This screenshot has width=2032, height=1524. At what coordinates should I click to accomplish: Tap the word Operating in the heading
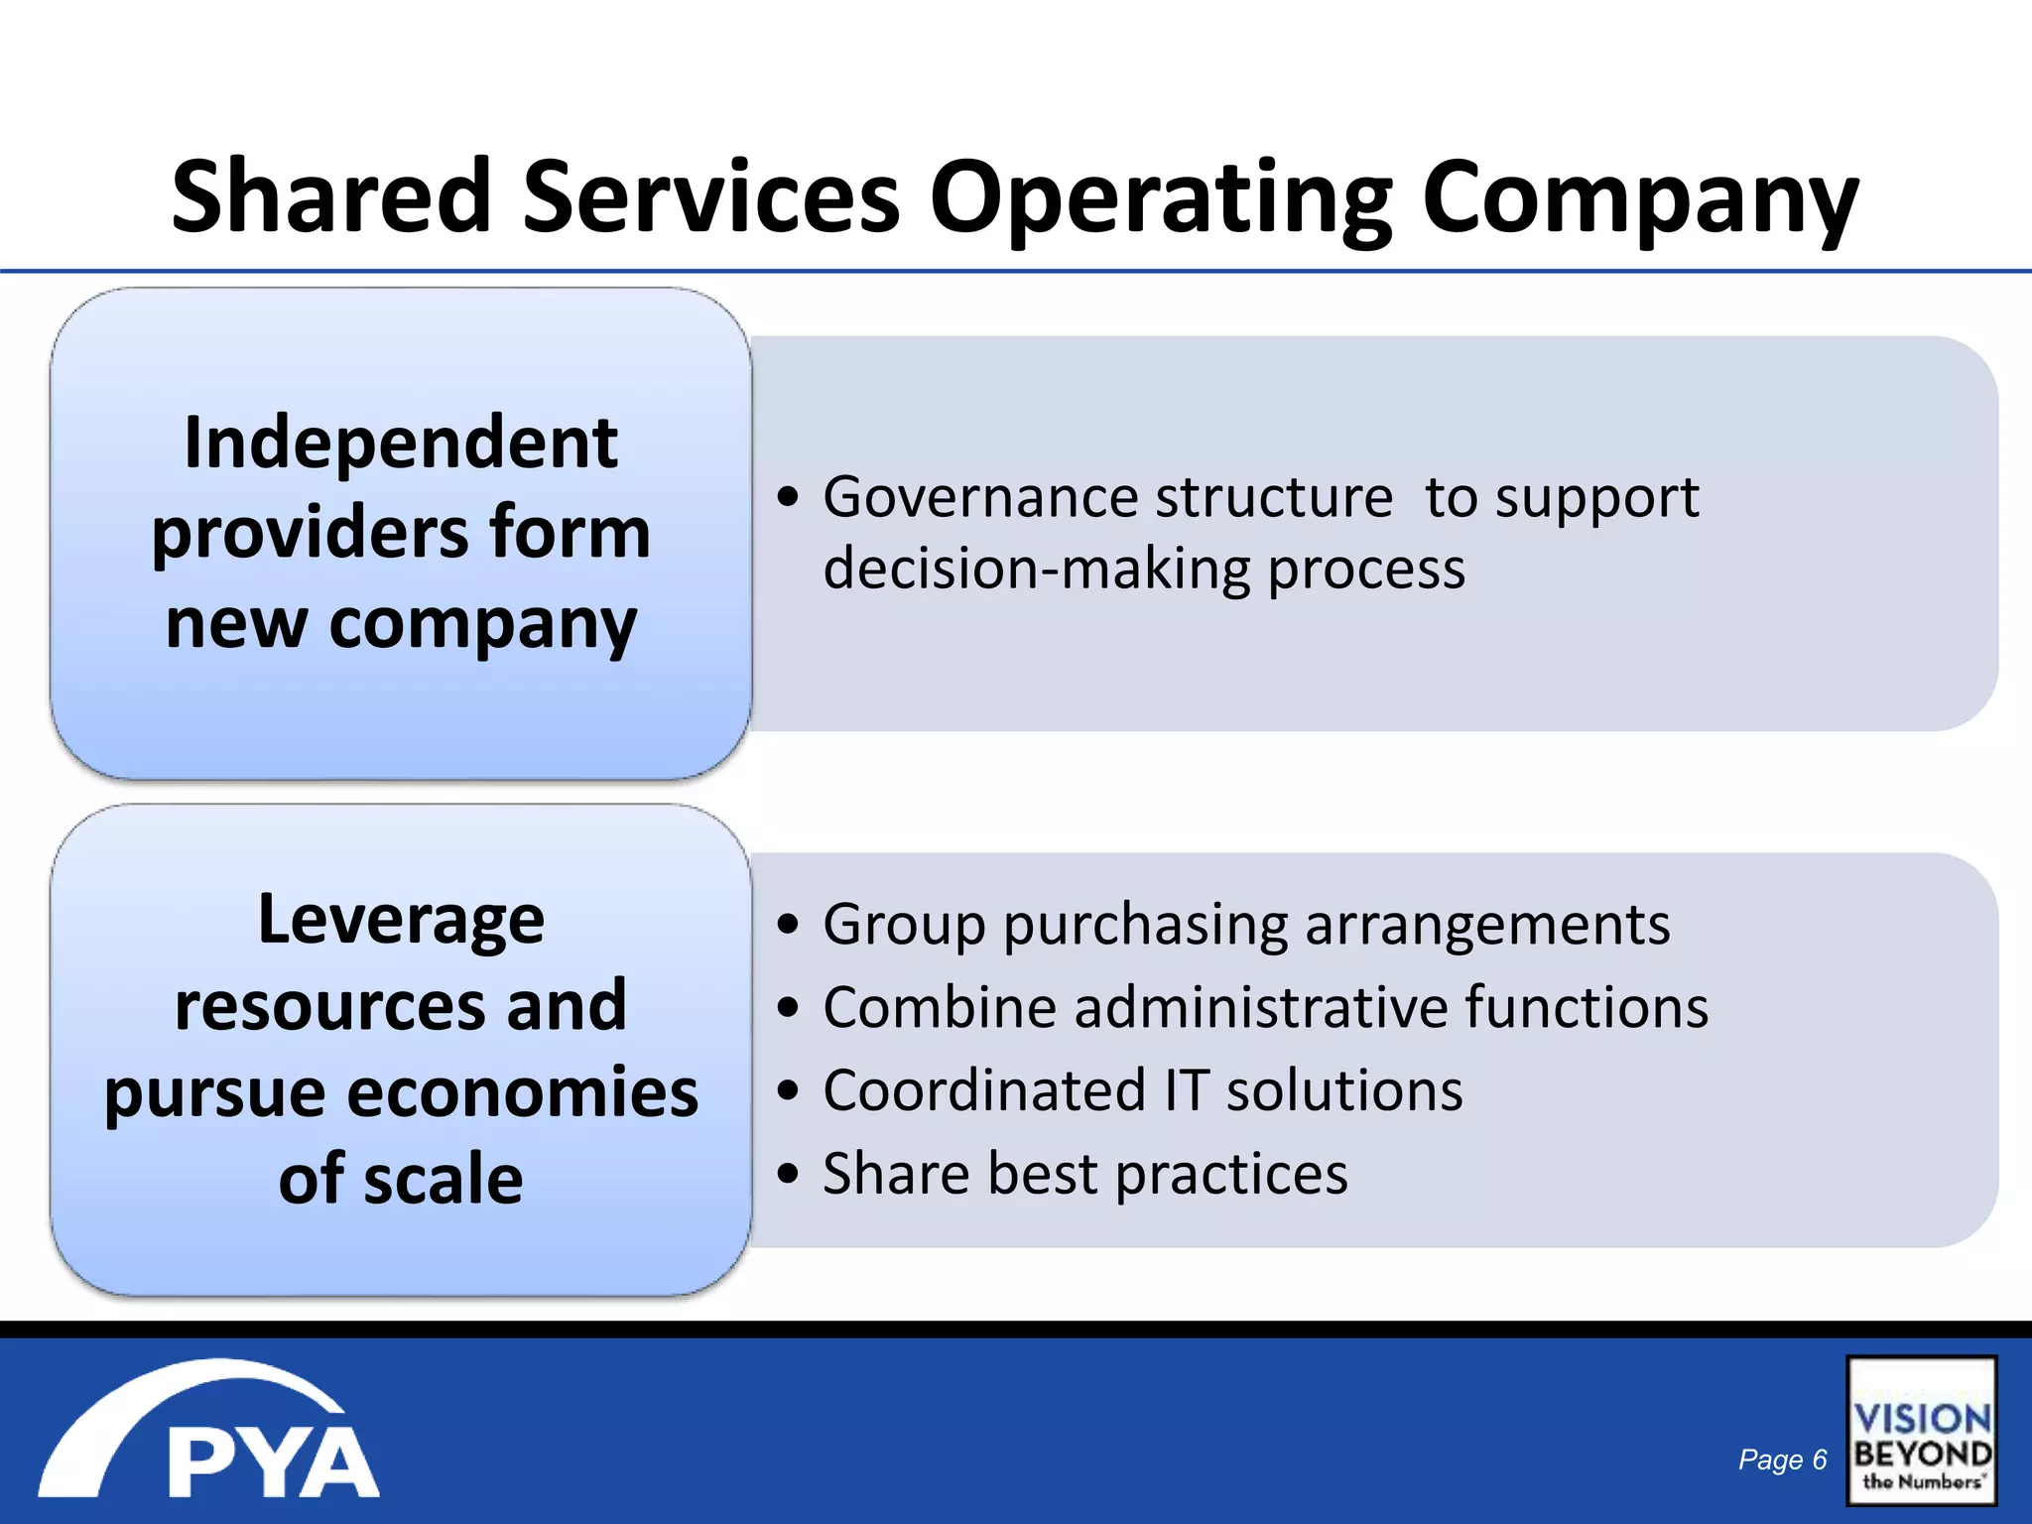coord(1161,198)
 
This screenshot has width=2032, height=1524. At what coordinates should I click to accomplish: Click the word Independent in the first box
coord(401,443)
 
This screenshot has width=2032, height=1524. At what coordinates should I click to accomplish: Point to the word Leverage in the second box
coord(401,921)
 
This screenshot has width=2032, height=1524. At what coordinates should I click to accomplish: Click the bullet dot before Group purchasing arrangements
coord(788,925)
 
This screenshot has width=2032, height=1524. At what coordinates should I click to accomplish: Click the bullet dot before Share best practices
coord(788,1174)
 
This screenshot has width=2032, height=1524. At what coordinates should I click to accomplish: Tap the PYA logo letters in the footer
coord(273,1462)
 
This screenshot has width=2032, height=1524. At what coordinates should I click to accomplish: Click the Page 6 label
coord(1782,1460)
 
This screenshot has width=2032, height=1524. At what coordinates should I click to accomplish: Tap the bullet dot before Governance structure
coord(788,497)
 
